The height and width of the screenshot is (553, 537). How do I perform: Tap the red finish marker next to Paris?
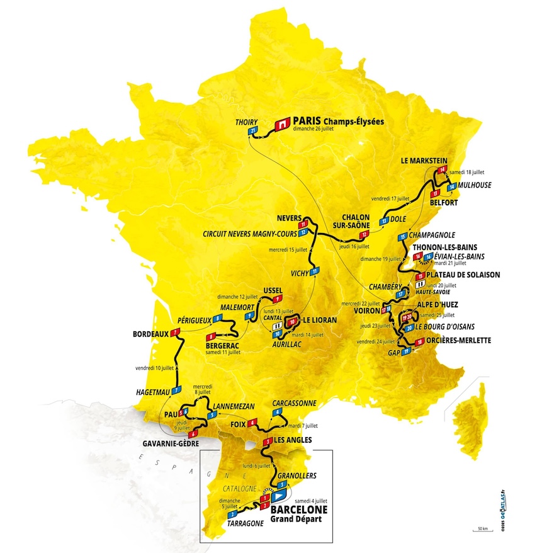(x=283, y=123)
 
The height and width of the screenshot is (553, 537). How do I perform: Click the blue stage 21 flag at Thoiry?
(x=254, y=131)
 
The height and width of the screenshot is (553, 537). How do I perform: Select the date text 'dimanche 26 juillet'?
(x=326, y=128)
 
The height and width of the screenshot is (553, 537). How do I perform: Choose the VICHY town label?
(x=297, y=274)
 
